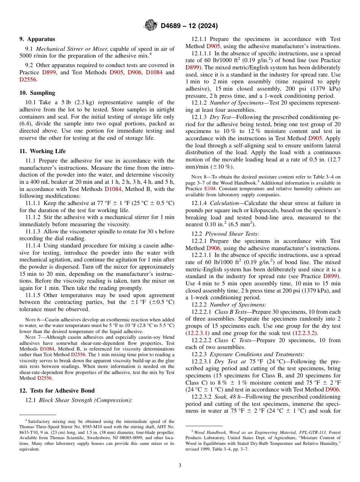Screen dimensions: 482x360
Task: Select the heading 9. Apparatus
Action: [37, 39]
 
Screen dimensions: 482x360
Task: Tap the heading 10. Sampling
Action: [37, 93]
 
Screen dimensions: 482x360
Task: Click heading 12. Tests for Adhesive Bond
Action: [57, 391]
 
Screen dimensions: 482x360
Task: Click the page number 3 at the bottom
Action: [180, 465]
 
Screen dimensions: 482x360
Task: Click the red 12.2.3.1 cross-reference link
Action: [196, 333]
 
